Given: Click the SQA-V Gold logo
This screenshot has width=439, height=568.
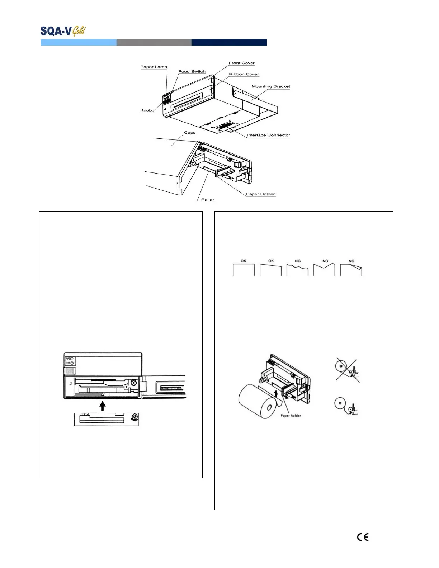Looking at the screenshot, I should click(63, 31).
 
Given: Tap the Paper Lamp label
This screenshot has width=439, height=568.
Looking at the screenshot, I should click(154, 67).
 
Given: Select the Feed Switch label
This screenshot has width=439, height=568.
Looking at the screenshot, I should click(192, 72).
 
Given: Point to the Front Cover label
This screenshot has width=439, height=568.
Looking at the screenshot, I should click(241, 63).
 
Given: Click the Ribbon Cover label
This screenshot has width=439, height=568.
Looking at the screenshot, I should click(244, 74).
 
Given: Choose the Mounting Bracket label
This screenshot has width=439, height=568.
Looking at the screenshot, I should click(271, 86).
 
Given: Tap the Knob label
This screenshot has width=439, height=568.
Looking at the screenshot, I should click(146, 110).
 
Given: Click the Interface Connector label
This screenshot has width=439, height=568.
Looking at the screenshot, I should click(268, 135).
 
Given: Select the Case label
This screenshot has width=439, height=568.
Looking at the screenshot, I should click(190, 133).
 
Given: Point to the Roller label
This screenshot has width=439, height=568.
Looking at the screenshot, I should click(207, 200).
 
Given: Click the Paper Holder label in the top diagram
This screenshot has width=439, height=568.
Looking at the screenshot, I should click(260, 194).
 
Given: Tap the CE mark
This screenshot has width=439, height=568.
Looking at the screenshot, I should click(363, 537).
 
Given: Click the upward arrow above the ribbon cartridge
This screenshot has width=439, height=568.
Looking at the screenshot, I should click(103, 406).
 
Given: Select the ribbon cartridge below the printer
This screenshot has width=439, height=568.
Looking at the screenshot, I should click(107, 419).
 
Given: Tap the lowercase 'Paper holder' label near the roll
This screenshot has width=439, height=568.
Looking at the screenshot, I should click(291, 416).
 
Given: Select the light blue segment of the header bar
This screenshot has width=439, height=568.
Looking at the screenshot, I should click(79, 42).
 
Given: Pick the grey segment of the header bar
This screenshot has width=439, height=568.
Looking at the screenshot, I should click(154, 42).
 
